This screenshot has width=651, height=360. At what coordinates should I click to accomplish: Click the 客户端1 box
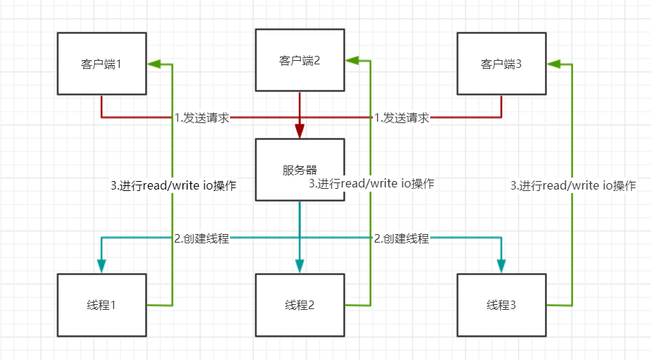point(102,64)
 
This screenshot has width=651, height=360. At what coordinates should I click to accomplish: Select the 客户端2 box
point(299,60)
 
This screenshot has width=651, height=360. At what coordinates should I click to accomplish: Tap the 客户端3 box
point(501,64)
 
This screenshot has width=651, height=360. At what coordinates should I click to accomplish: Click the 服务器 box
point(299,170)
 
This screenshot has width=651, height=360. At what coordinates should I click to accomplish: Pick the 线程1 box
point(102,305)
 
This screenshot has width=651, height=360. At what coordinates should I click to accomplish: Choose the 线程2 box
point(299,305)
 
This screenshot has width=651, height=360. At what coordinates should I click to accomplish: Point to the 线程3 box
point(501,305)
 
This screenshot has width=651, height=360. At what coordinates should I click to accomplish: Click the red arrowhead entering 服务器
point(299,131)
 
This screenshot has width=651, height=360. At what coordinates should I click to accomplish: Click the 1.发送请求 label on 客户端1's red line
point(202,118)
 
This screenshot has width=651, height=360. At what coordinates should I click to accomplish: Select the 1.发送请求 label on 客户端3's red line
point(402,118)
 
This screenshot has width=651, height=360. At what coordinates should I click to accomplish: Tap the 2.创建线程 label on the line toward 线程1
point(202,238)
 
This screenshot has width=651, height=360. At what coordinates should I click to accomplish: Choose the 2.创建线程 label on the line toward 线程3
point(402,238)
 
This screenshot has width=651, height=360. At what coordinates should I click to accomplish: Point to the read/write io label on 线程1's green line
point(173,186)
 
